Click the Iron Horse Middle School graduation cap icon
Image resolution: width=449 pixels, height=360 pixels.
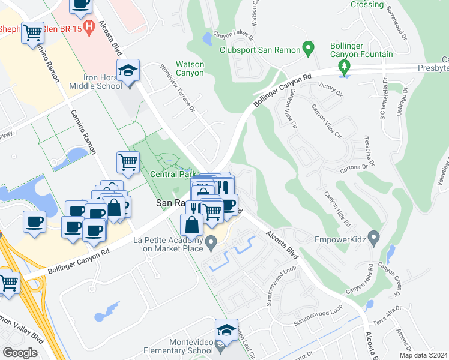tap(128, 71)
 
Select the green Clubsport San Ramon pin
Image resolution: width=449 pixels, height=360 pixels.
tap(308, 47)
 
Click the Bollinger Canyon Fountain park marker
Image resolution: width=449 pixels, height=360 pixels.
tap(344, 67)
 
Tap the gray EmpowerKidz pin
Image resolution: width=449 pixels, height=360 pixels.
tap(375, 239)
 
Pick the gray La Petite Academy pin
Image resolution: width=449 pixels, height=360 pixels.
tap(211, 244)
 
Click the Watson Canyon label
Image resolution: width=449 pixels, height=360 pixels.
tap(190, 68)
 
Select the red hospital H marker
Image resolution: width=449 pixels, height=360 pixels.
tap(89, 26)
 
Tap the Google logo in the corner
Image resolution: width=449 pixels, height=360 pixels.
tap(20, 352)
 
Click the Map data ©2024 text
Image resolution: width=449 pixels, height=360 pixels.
tap(423, 355)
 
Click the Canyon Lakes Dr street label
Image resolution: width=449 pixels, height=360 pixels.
tap(231, 34)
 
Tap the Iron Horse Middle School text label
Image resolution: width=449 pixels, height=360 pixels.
tap(95, 81)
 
